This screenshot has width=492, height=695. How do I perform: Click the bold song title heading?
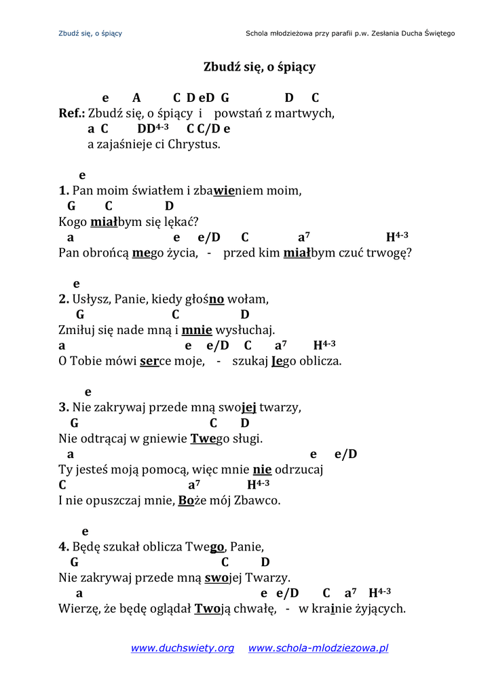click(259, 67)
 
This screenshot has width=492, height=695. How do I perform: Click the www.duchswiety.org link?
click(182, 648)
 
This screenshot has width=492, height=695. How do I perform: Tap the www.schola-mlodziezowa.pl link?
click(318, 648)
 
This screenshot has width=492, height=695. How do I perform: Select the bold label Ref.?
click(72, 113)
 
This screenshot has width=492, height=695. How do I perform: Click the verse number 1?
click(64, 191)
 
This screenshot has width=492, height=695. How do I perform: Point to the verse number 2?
click(64, 299)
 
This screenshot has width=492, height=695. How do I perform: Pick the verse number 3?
click(64, 408)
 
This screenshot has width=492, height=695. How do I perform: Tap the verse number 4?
click(64, 546)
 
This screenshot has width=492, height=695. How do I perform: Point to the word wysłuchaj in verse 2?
click(245, 331)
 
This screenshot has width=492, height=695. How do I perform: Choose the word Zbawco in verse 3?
click(257, 501)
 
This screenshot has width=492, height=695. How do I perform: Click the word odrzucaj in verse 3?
click(299, 470)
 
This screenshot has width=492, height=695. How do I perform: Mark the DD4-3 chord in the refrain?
click(153, 128)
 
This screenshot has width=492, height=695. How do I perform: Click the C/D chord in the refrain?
click(209, 129)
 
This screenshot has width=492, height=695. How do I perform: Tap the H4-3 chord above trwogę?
click(397, 237)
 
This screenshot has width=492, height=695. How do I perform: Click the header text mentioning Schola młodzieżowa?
click(350, 33)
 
